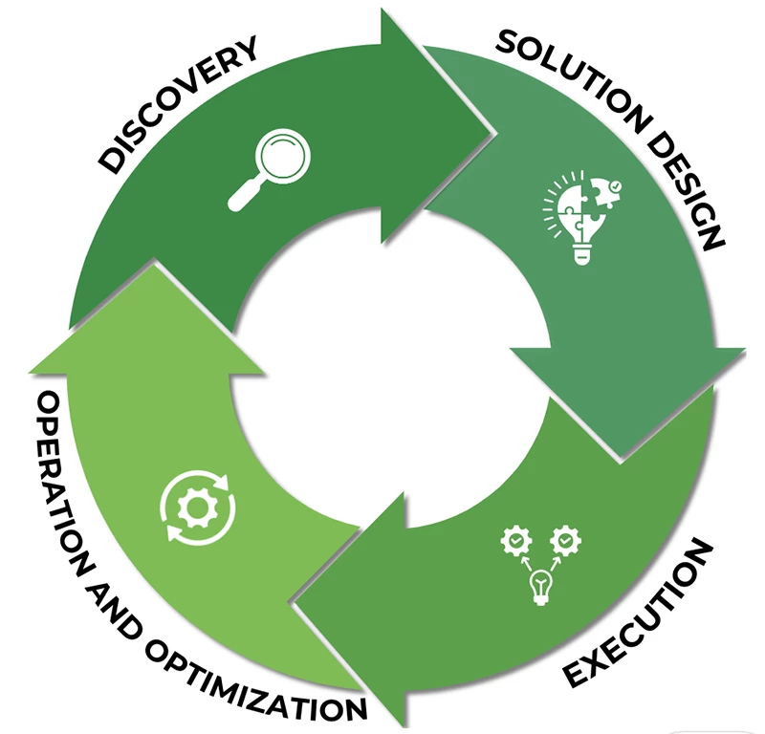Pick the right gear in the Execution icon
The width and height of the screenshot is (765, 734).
(566, 541)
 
